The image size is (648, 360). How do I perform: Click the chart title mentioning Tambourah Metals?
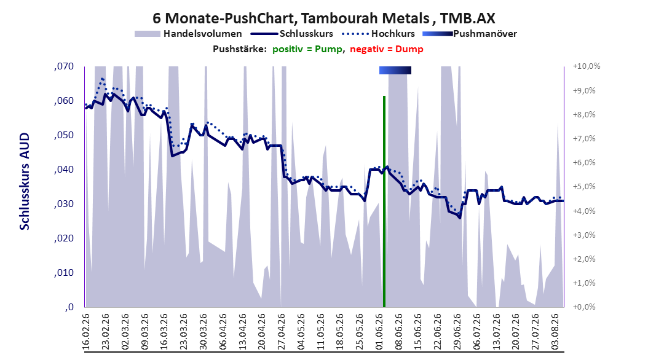[323, 18]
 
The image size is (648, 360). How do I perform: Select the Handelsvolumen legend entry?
[188, 34]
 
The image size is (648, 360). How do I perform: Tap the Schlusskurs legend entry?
[292, 34]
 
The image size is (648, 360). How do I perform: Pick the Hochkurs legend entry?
[378, 34]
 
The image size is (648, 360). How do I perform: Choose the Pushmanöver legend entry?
[470, 34]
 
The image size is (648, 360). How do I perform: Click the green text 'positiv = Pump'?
[307, 49]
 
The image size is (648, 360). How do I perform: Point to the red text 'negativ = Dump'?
[387, 49]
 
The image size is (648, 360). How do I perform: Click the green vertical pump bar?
[384, 202]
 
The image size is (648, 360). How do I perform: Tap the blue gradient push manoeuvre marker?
[395, 71]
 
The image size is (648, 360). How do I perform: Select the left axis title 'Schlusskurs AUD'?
[25, 181]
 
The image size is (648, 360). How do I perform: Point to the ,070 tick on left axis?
[64, 66]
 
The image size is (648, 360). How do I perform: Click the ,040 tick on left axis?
[64, 170]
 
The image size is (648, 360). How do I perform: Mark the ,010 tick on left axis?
[64, 273]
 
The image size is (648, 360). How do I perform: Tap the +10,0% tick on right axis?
[587, 66]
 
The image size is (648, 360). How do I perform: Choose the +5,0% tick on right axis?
[584, 187]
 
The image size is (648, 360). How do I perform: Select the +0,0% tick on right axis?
[584, 307]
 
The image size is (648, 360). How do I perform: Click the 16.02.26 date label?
[86, 332]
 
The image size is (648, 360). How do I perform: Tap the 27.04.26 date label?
[281, 332]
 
